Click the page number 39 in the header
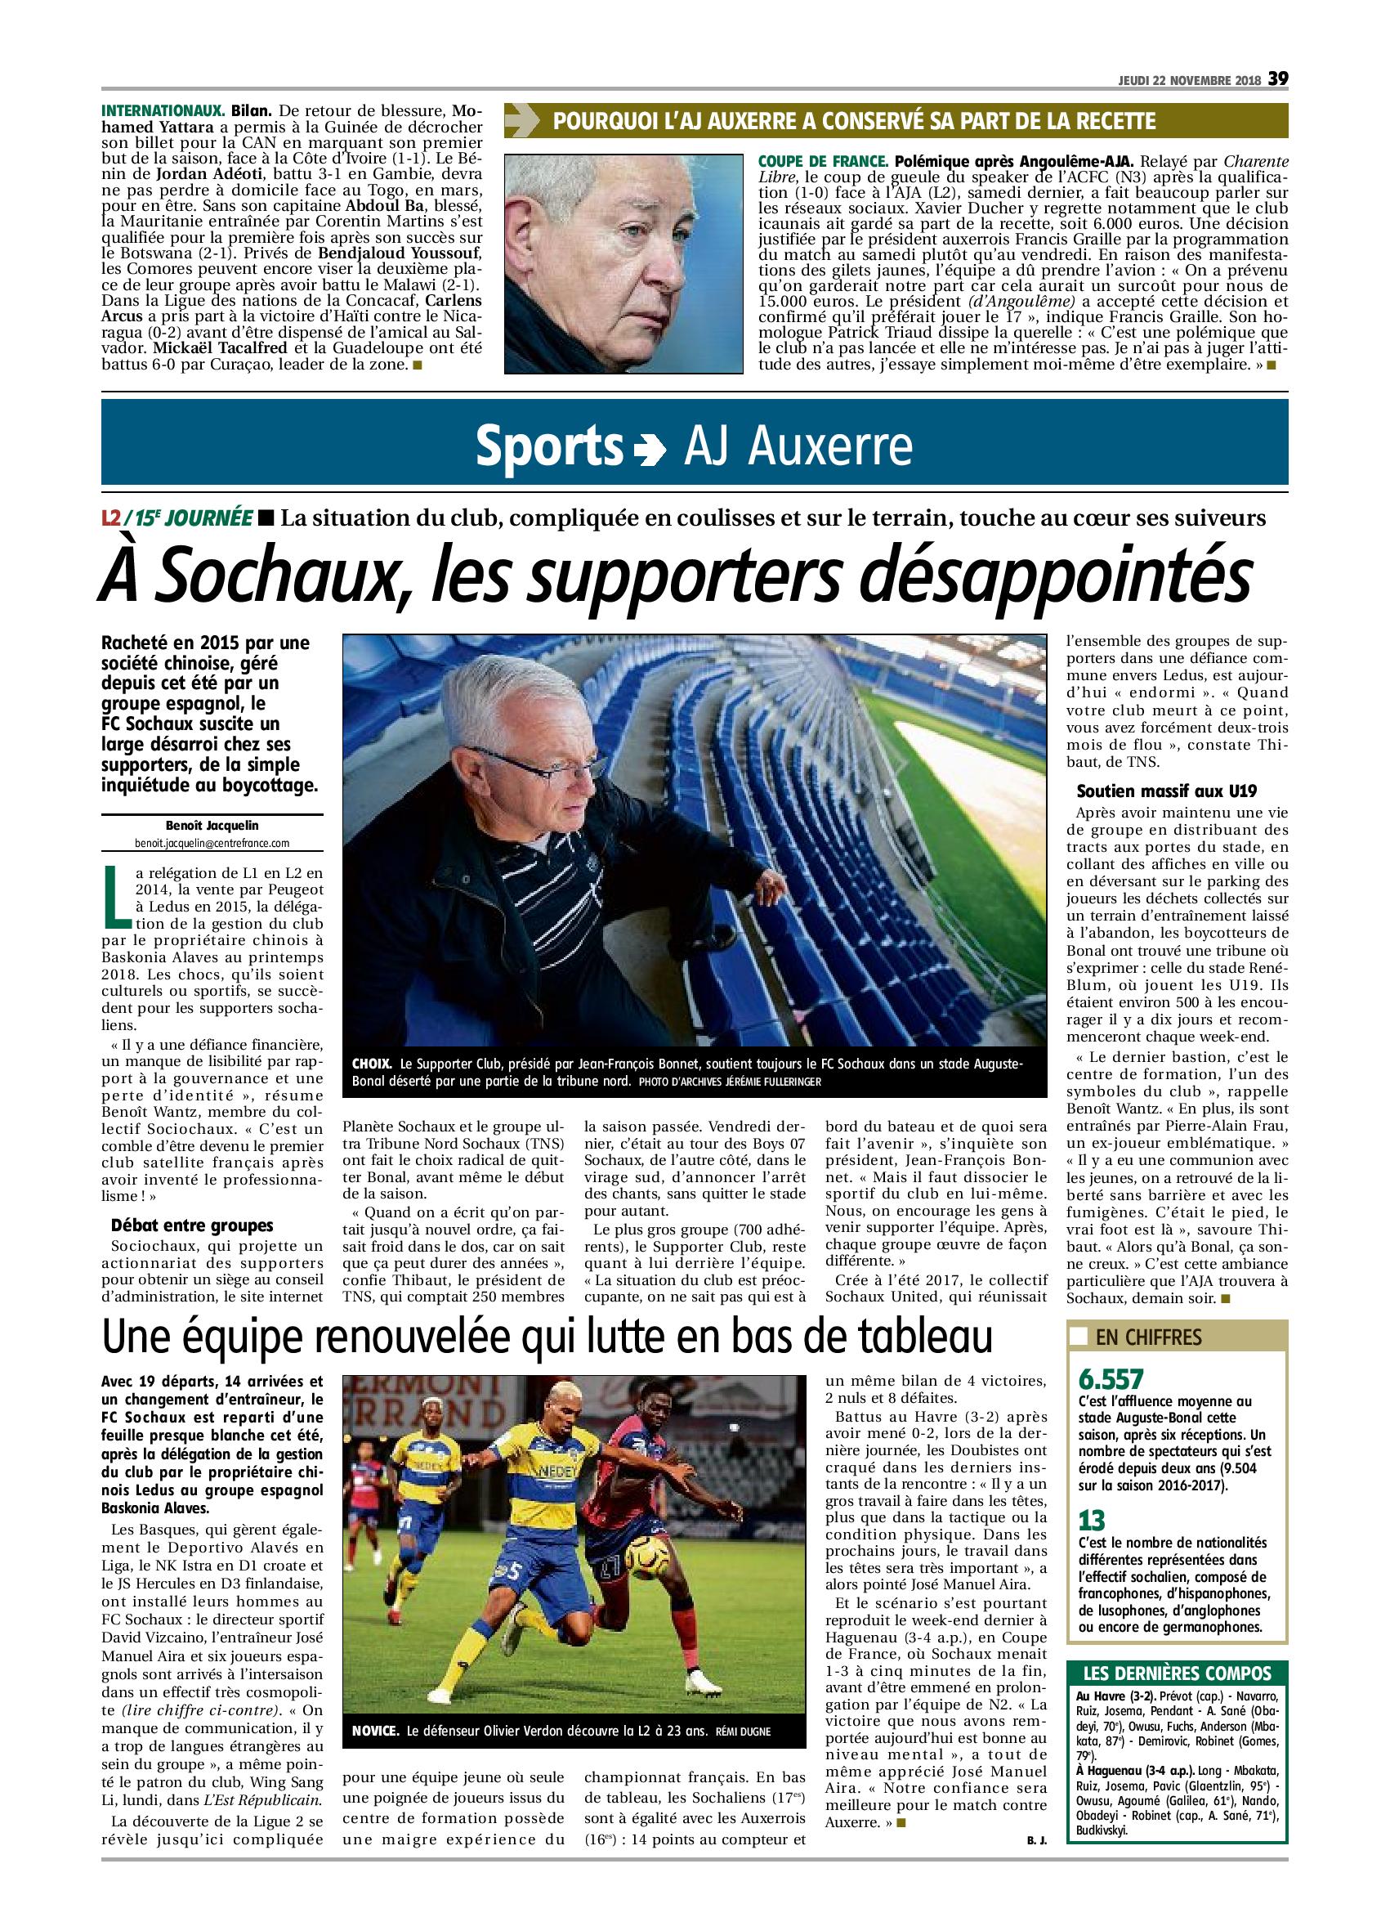(1278, 78)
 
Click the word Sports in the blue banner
(549, 445)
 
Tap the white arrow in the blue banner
(651, 449)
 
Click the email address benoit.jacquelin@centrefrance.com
(212, 843)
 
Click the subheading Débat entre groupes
(192, 1225)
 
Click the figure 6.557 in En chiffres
(1111, 1378)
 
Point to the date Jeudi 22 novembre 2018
(1189, 80)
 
